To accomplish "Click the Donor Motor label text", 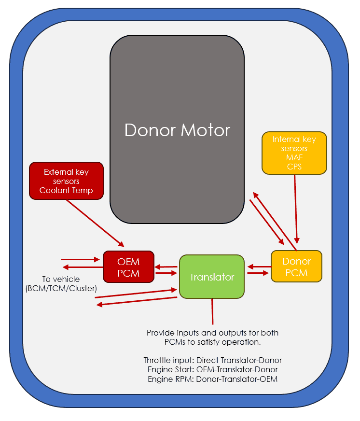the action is pos(177,130).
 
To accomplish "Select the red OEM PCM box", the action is pos(128,267).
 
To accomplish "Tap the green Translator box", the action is pos(212,277).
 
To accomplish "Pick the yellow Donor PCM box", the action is pos(296,267).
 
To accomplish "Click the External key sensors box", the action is pos(66,181).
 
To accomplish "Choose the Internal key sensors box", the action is pos(294,153).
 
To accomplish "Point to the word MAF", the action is pos(294,157).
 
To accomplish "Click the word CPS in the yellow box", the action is pos(294,167).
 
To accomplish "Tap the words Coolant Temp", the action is pos(66,190).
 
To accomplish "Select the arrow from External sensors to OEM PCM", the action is pos(95,223).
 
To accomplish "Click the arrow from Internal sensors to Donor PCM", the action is pos(296,209).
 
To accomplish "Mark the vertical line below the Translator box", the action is pos(212,311).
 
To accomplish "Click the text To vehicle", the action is pos(61,279).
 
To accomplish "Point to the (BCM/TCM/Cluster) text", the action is pos(61,289).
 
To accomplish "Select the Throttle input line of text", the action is pos(213,360).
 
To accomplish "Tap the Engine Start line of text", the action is pos(213,370).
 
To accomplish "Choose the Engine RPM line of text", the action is pos(213,379).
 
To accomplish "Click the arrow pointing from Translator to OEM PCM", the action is pos(166,267).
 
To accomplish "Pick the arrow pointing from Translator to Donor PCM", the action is pos(258,273).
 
